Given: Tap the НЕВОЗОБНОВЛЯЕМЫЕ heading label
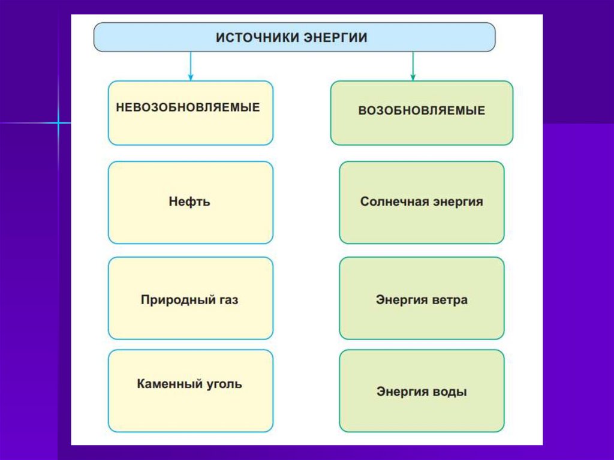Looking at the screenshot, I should point(188,107).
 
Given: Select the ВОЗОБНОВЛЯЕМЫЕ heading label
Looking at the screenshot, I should point(422,111).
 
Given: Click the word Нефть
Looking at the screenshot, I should point(189,202).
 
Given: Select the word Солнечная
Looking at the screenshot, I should point(393,202).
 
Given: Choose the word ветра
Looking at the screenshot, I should point(449,299).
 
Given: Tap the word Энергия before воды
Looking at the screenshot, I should point(401,392).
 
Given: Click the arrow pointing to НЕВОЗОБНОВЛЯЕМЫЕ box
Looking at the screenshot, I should point(191,67).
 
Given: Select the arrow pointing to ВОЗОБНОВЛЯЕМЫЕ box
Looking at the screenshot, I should point(413,67).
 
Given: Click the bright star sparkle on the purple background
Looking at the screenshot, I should point(59,123).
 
